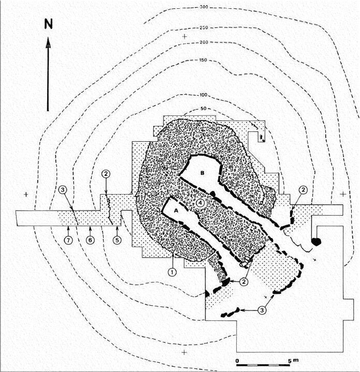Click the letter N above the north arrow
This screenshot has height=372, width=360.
48,24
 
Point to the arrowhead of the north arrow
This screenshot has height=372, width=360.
48,42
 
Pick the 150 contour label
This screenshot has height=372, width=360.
203,61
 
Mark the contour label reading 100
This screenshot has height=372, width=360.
203,95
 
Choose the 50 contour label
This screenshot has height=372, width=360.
202,109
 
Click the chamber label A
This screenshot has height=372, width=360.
176,211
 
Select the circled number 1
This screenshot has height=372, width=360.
171,270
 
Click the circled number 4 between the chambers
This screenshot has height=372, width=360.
200,203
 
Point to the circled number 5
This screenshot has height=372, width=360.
117,240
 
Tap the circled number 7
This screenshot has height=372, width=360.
67,240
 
